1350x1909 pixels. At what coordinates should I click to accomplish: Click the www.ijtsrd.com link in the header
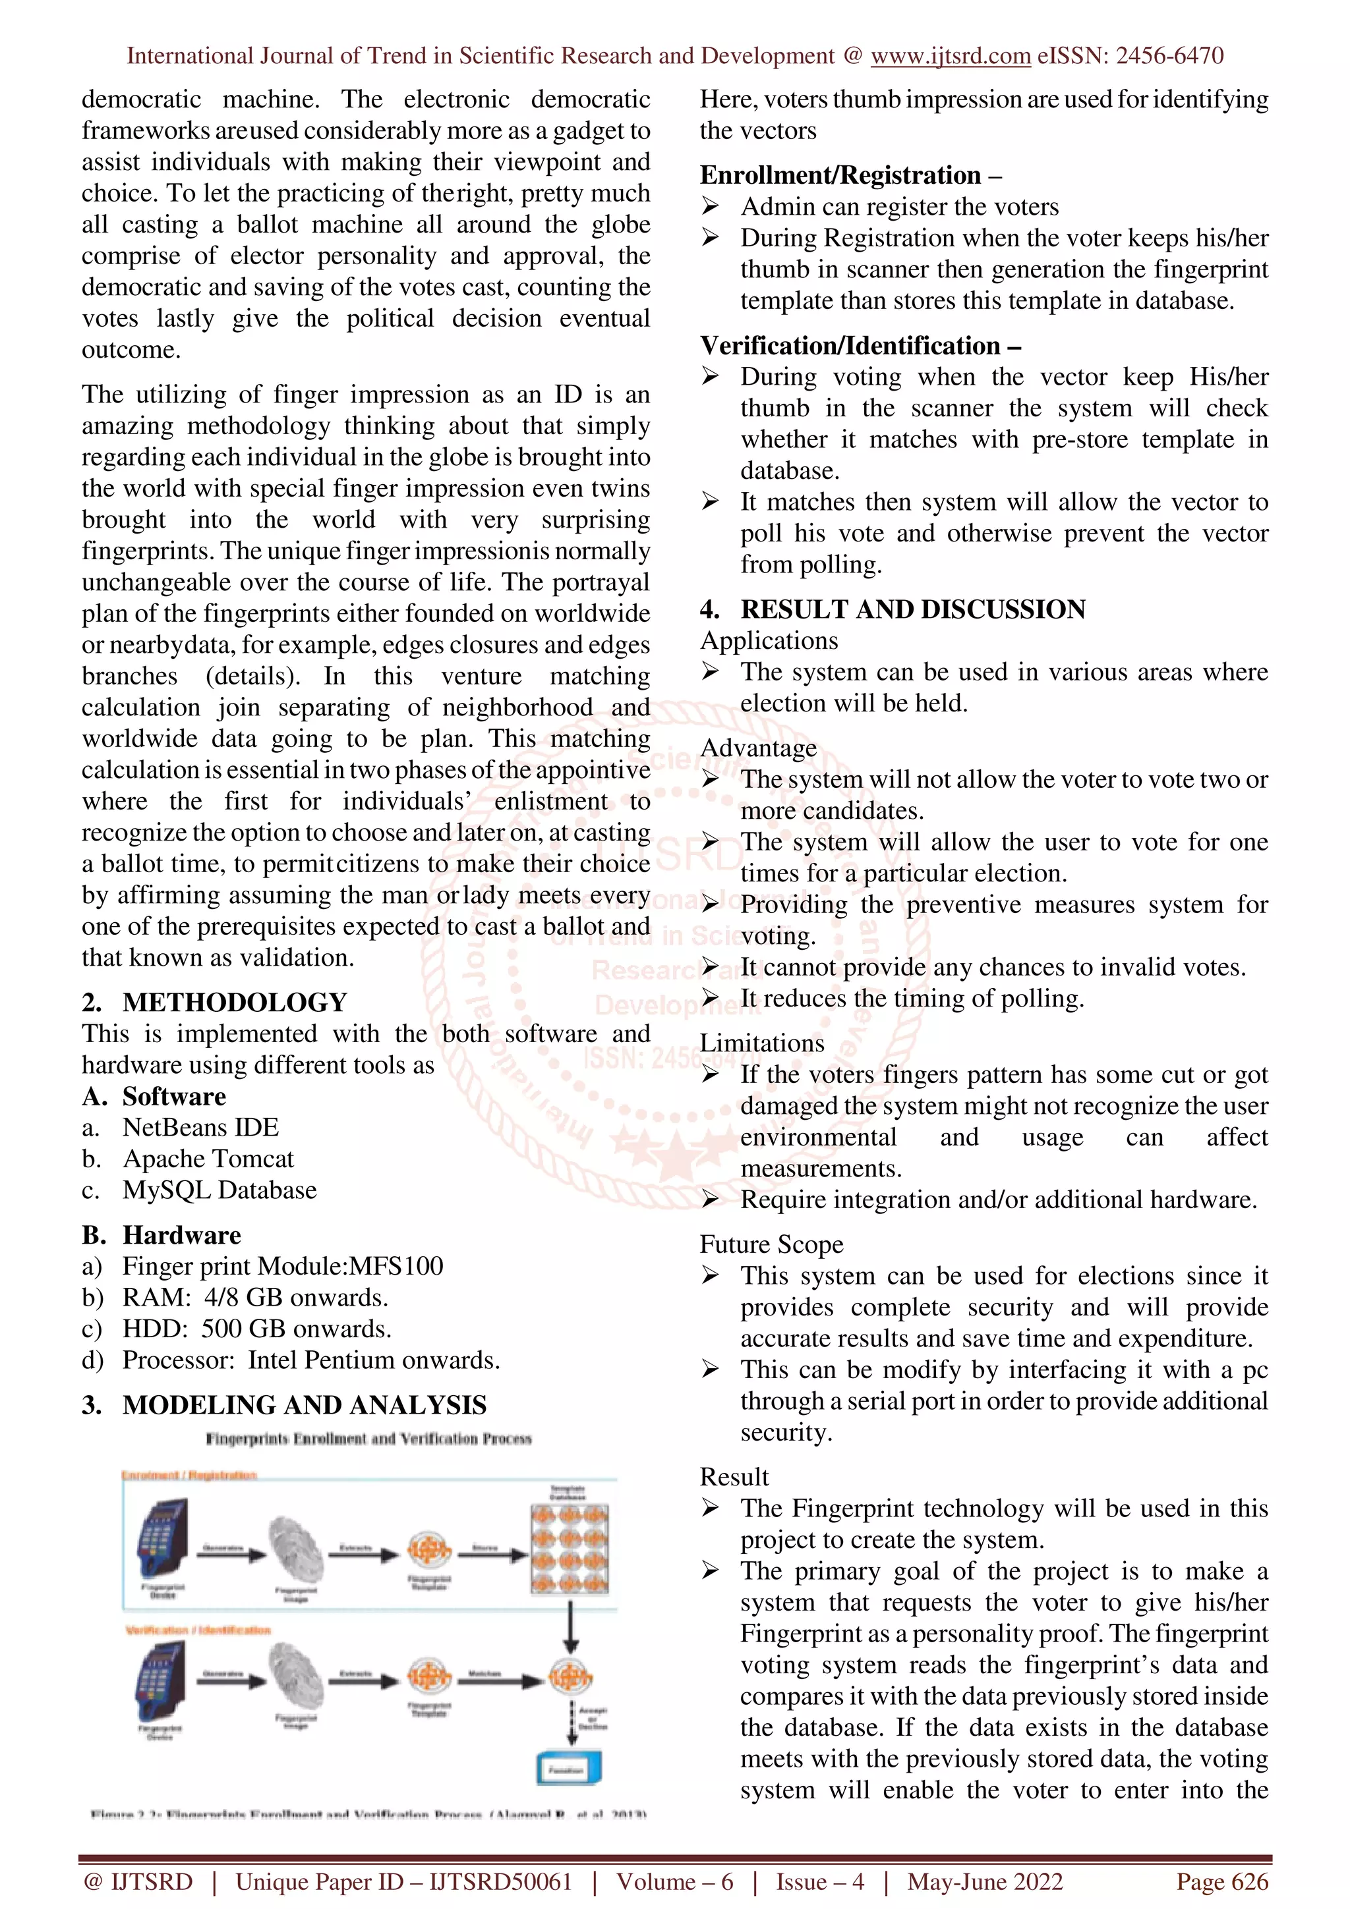pyautogui.click(x=950, y=56)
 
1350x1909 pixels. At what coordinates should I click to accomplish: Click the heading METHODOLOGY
pyautogui.click(x=235, y=1002)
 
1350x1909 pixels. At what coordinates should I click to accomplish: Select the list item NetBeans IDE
pyautogui.click(x=200, y=1128)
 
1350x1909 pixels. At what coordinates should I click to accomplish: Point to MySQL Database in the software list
pyautogui.click(x=220, y=1190)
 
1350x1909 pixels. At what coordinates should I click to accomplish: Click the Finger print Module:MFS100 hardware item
pyautogui.click(x=282, y=1265)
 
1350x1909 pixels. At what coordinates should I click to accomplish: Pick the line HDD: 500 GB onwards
pyautogui.click(x=256, y=1329)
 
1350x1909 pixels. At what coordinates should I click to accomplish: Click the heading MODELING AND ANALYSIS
pyautogui.click(x=304, y=1404)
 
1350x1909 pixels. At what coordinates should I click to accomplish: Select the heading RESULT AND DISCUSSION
pyautogui.click(x=912, y=609)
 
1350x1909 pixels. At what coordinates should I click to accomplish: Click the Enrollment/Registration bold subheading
pyautogui.click(x=840, y=175)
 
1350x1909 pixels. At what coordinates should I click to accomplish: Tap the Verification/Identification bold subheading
pyautogui.click(x=850, y=345)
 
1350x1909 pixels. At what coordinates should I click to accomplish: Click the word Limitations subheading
pyautogui.click(x=761, y=1043)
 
